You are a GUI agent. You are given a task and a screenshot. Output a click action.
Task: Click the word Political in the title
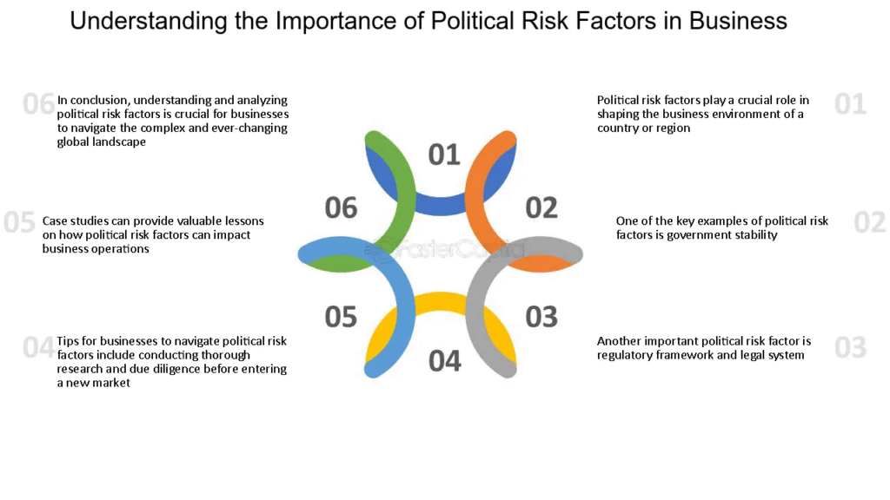point(474,21)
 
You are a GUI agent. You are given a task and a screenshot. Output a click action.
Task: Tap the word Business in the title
point(738,21)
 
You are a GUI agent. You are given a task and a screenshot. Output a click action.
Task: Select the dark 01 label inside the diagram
point(444,155)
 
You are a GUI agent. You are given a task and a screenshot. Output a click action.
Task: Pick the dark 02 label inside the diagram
point(541,207)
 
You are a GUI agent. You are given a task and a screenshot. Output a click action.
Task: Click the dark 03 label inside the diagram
point(541,317)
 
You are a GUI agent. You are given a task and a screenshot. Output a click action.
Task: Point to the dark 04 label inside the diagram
point(444,361)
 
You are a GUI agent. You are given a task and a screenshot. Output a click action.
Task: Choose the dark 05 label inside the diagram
point(341,317)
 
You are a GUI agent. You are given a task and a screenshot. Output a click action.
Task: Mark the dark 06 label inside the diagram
point(341,207)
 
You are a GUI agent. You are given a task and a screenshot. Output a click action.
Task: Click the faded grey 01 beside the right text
point(850,104)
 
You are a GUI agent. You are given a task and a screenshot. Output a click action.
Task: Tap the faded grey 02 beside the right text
point(869,222)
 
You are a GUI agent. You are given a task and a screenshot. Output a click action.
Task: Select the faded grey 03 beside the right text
point(850,347)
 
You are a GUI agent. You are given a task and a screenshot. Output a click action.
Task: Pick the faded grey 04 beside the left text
point(38,347)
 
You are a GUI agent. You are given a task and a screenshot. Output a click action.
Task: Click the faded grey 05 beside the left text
point(19,222)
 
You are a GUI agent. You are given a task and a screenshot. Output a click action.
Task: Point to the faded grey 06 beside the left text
point(38,104)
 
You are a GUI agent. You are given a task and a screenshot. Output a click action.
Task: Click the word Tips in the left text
point(68,341)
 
